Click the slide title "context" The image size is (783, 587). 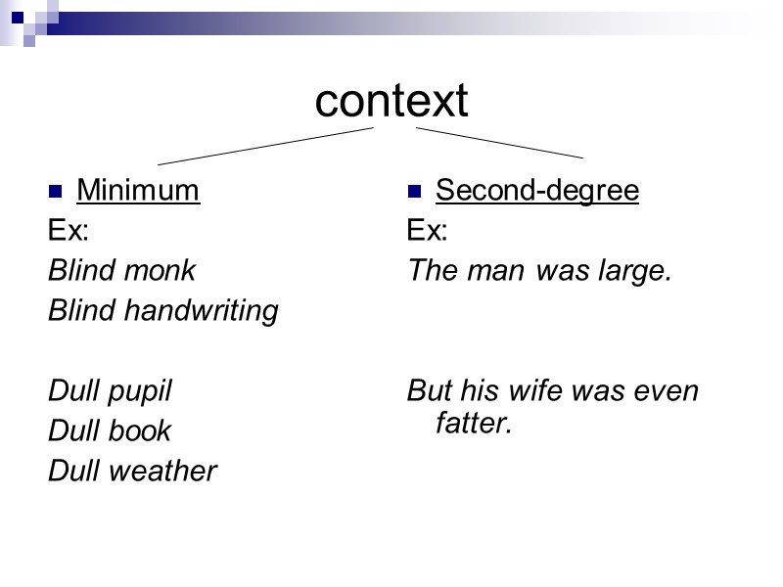pyautogui.click(x=391, y=101)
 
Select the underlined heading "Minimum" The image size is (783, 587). pyautogui.click(x=138, y=190)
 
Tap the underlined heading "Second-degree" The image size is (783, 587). pyautogui.click(x=537, y=190)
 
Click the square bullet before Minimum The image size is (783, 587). pyautogui.click(x=56, y=191)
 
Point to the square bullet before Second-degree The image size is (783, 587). pyautogui.click(x=415, y=191)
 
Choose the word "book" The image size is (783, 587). pyautogui.click(x=138, y=431)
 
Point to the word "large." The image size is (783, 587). pyautogui.click(x=635, y=270)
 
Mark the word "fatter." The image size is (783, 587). pyautogui.click(x=475, y=425)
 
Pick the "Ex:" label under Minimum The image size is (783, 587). pyautogui.click(x=69, y=231)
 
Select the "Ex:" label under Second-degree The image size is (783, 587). pyautogui.click(x=428, y=231)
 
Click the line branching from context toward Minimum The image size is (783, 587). pyautogui.click(x=264, y=146)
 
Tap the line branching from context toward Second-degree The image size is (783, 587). pyautogui.click(x=499, y=142)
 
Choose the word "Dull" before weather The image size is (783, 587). pyautogui.click(x=74, y=472)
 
